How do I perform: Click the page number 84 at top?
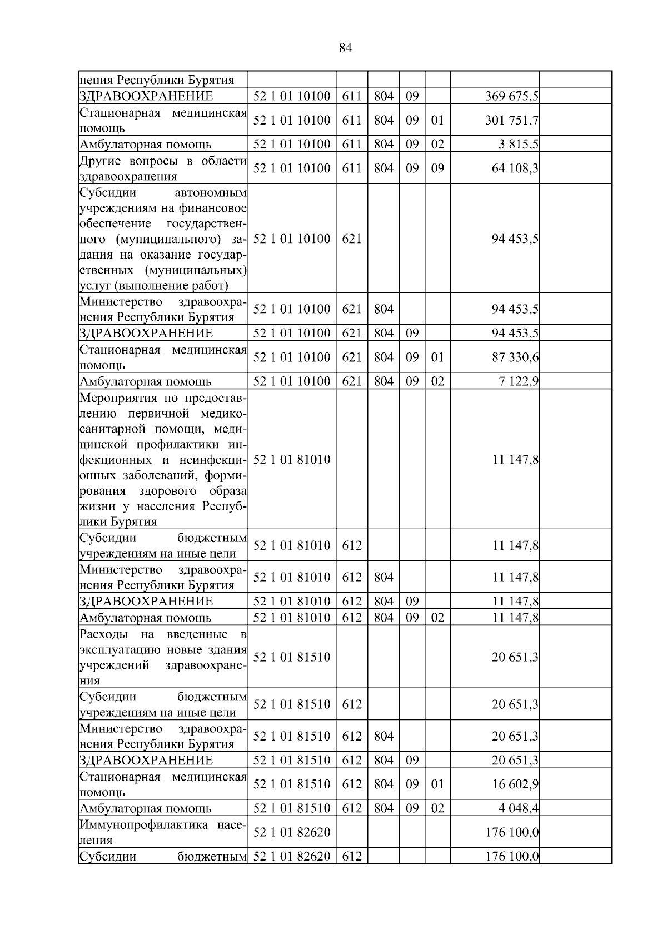(x=345, y=48)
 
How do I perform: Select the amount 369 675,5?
(x=511, y=96)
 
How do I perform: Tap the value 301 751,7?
(x=511, y=120)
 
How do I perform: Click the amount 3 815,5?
(x=515, y=145)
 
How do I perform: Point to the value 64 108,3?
(x=515, y=168)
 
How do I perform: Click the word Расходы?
(x=103, y=634)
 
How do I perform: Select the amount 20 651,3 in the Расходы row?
(x=515, y=657)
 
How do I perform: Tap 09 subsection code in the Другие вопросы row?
(x=437, y=168)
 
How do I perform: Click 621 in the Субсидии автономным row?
(x=351, y=239)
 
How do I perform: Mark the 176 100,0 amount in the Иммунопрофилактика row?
(x=511, y=832)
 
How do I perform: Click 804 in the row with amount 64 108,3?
(x=384, y=168)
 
